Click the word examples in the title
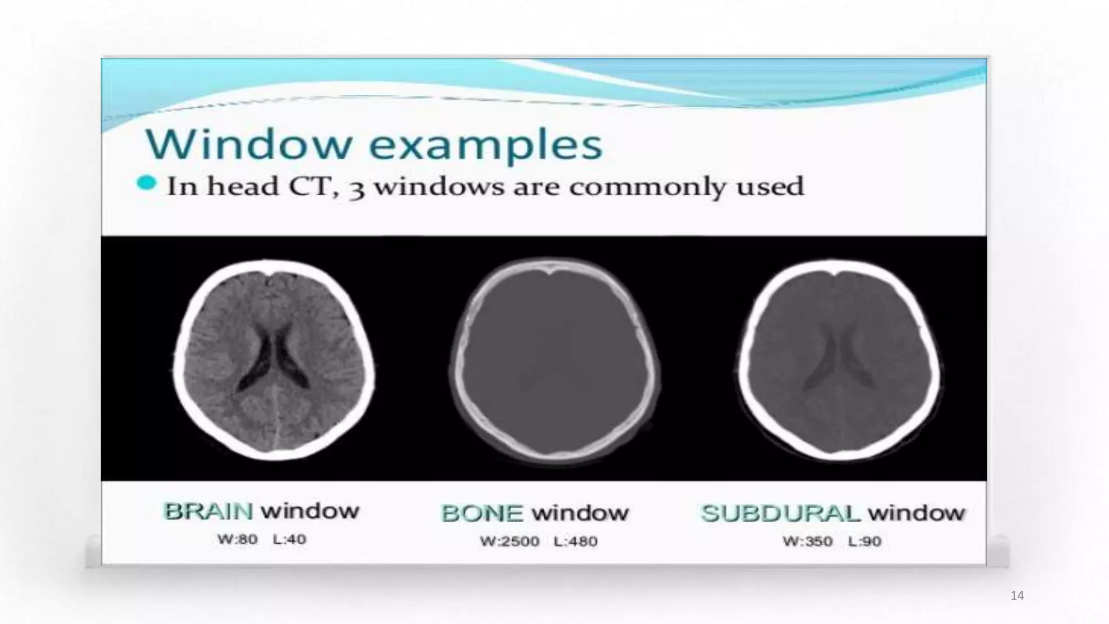(486, 145)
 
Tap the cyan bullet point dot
(146, 184)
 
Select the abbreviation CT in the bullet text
(311, 186)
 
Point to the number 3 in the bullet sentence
(356, 188)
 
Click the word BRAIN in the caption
(208, 511)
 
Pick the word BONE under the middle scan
(482, 513)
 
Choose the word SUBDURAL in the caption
(780, 513)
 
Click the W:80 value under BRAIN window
(237, 539)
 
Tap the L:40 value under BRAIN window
(290, 539)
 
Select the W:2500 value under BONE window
(509, 541)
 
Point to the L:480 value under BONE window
(575, 541)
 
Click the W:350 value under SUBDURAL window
(807, 541)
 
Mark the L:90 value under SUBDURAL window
(865, 541)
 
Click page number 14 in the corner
(1017, 596)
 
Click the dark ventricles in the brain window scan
(273, 357)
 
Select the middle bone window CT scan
(554, 360)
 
